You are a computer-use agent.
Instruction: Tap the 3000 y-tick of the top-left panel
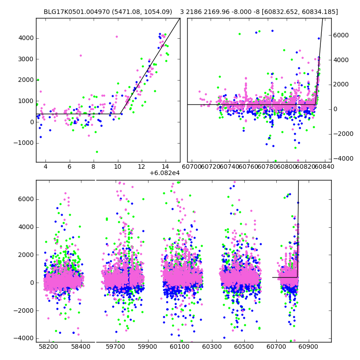tap(26, 59)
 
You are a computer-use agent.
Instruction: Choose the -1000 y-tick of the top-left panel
tap(24, 143)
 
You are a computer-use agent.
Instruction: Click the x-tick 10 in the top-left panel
tap(117, 166)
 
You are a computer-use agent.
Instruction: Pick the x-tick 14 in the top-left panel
tap(166, 166)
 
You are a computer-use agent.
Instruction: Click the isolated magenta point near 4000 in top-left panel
tap(117, 37)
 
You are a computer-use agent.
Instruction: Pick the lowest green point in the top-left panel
tap(97, 152)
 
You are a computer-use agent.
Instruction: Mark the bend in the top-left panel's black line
tap(121, 113)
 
